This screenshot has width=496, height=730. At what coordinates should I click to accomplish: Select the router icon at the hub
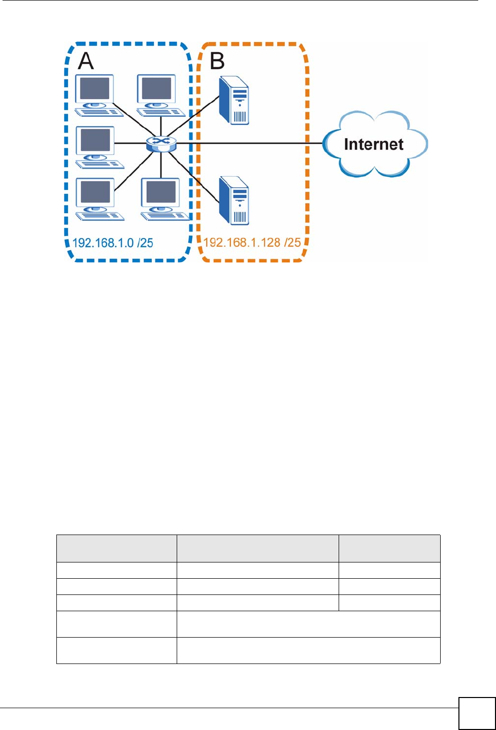coord(161,144)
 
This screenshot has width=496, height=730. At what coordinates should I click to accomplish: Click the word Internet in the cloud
coord(374,144)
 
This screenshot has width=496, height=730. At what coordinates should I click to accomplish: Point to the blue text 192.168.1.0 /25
coord(113,243)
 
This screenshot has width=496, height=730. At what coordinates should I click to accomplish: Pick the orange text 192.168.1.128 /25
coord(252,243)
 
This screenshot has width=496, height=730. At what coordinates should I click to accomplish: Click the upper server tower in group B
coord(234,100)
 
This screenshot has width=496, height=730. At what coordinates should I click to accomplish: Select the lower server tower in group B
coord(234,201)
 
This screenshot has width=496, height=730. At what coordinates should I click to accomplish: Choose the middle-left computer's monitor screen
coord(95,140)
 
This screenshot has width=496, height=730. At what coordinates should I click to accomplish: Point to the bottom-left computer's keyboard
coord(100,216)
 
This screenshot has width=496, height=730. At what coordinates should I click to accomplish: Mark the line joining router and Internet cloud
coord(249,143)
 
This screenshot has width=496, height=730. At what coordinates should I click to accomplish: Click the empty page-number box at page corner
coord(477,713)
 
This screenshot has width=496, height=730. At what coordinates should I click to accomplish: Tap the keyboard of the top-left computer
coord(99,112)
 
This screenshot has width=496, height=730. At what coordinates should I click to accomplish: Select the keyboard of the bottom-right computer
coord(165,216)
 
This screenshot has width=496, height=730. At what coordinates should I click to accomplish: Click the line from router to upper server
coord(193,116)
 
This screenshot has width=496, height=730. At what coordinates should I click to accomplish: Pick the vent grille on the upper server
coord(240,117)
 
